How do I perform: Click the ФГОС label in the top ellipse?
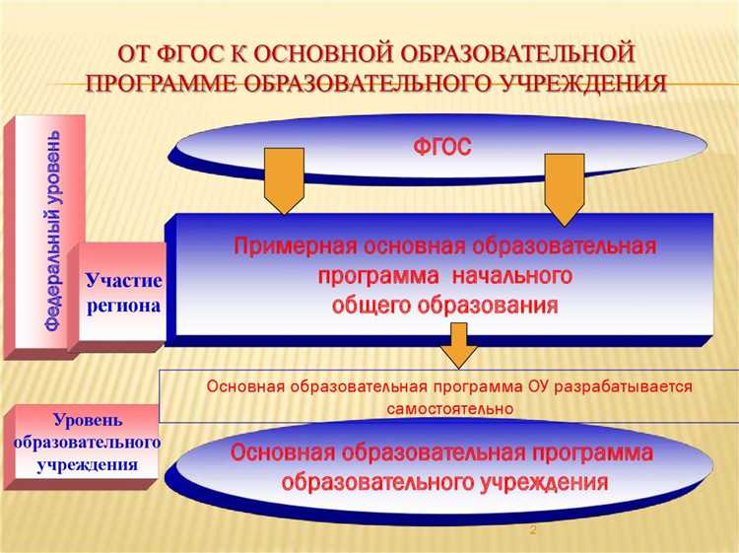tap(441, 148)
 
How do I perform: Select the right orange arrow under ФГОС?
tap(566, 187)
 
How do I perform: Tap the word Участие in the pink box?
tap(123, 281)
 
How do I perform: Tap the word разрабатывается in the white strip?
tap(624, 386)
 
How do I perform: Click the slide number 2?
tap(533, 531)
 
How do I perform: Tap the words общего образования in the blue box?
tap(445, 306)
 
